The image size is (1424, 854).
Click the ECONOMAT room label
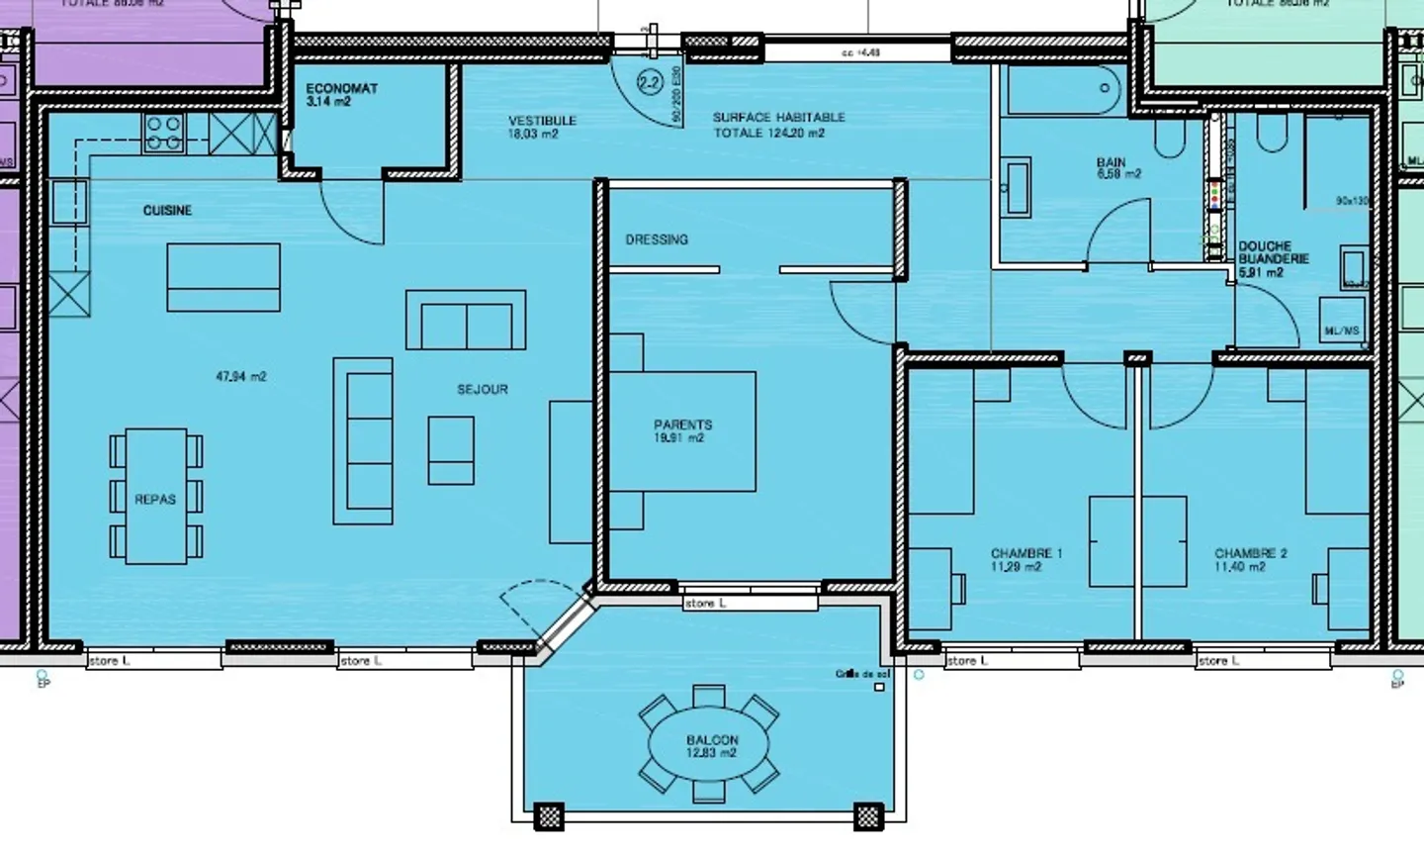(x=341, y=89)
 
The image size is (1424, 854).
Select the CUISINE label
(x=167, y=211)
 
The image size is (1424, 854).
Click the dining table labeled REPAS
(x=155, y=496)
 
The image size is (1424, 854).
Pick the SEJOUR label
(x=483, y=390)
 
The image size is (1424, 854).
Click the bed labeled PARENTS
(x=682, y=430)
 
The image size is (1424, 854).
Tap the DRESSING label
(x=657, y=239)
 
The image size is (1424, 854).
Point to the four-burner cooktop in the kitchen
(x=164, y=134)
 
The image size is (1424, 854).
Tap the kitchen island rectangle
(x=223, y=278)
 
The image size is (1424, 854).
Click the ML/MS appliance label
(x=1341, y=331)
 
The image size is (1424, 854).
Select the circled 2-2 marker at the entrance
(x=650, y=83)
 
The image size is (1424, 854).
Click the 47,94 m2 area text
(x=240, y=377)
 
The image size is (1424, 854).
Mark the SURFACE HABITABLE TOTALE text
(x=778, y=125)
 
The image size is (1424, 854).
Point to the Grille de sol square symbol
(x=879, y=687)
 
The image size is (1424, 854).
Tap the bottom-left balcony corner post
(x=548, y=816)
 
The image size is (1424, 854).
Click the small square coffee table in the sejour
(x=451, y=450)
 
